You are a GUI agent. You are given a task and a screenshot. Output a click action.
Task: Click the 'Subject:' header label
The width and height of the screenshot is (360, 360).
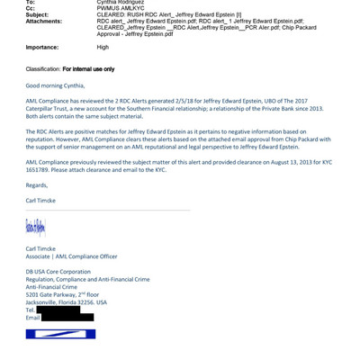[x=37, y=14]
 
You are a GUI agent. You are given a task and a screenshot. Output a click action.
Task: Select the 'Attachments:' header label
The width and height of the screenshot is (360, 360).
[x=43, y=21]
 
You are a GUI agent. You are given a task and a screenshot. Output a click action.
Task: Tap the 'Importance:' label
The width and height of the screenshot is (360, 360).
[x=41, y=47]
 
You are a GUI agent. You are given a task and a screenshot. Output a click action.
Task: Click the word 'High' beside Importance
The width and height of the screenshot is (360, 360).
[x=103, y=47]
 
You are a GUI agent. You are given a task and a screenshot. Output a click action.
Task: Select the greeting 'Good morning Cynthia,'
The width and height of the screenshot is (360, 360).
[x=57, y=85]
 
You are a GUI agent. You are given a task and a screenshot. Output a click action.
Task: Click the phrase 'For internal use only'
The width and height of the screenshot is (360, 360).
[x=88, y=68]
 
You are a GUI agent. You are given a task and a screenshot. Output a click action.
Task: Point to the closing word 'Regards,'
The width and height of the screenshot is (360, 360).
[x=37, y=185]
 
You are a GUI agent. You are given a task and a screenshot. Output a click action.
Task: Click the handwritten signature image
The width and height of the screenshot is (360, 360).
[x=35, y=227]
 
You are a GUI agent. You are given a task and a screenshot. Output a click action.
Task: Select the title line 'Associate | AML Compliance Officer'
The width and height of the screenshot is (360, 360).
[x=71, y=256]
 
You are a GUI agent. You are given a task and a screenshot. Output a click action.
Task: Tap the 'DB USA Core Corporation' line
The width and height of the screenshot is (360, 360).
[x=58, y=271]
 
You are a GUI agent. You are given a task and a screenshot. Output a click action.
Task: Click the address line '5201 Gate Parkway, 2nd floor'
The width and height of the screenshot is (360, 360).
[x=62, y=294]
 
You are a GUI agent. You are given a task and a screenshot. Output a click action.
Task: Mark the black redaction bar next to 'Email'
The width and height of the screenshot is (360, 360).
[x=67, y=317]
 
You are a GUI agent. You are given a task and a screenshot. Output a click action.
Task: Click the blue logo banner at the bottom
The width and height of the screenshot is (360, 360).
[x=60, y=334]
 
